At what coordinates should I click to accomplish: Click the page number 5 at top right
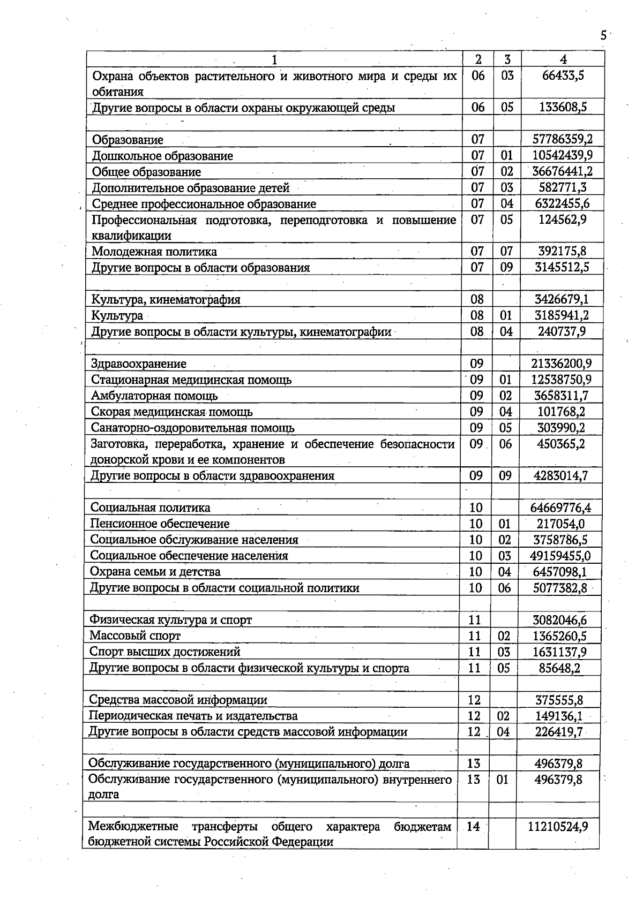[x=603, y=36]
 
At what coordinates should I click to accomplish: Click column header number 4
[x=562, y=59]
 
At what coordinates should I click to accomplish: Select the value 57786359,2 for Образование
[x=562, y=140]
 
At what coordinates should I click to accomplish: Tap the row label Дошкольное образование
[x=162, y=156]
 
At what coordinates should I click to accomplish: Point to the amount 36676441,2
[x=562, y=172]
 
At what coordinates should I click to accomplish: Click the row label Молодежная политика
[x=154, y=252]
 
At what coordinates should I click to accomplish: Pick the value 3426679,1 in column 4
[x=562, y=300]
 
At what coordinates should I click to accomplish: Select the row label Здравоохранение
[x=139, y=364]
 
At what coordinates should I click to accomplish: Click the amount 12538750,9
[x=561, y=380]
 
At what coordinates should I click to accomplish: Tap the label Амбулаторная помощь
[x=154, y=396]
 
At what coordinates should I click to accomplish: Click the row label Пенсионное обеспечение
[x=160, y=524]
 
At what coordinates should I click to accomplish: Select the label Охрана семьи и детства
[x=155, y=572]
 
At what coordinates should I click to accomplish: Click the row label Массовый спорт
[x=134, y=636]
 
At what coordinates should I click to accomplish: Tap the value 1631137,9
[x=559, y=652]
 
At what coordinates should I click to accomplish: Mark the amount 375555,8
[x=559, y=700]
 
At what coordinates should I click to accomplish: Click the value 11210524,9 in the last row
[x=558, y=827]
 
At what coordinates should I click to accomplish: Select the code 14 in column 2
[x=473, y=827]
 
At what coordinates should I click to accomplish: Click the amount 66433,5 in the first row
[x=562, y=75]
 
